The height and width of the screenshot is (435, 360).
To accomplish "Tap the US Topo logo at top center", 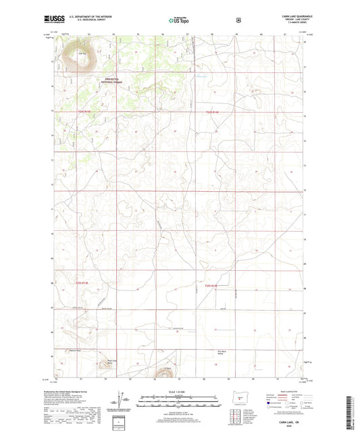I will point(178,20).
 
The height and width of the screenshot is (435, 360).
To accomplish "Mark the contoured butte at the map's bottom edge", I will point(163,372).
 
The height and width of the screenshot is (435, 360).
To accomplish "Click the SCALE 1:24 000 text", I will point(179,392).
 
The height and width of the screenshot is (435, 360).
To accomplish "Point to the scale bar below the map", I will point(179,403).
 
